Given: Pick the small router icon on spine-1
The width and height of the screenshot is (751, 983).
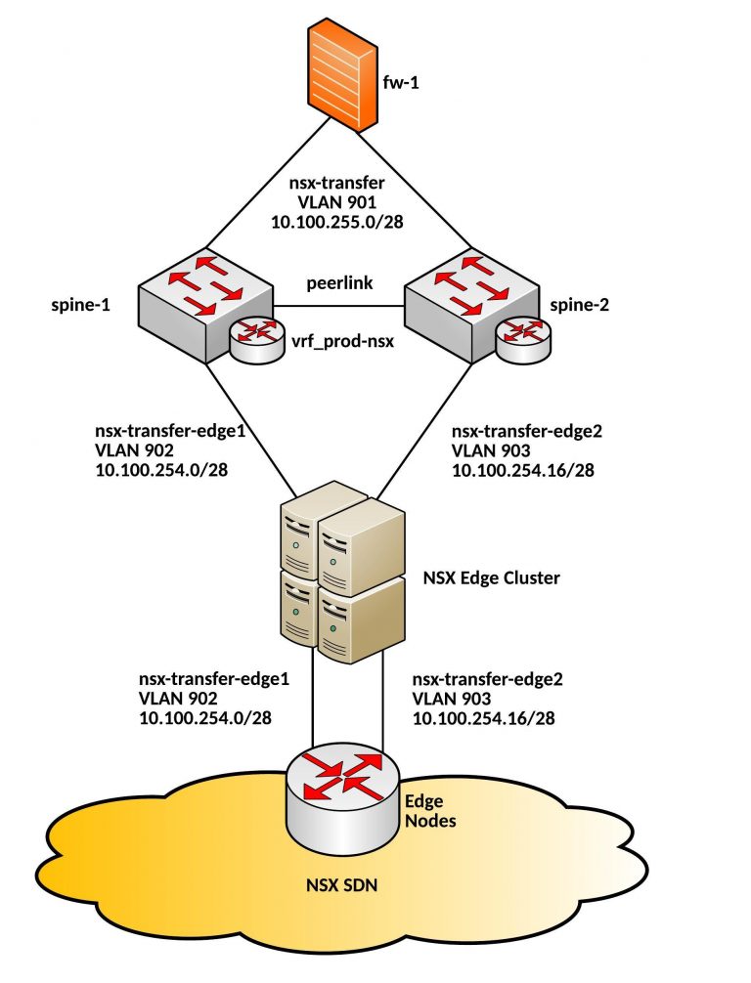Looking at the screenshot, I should (x=254, y=336).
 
